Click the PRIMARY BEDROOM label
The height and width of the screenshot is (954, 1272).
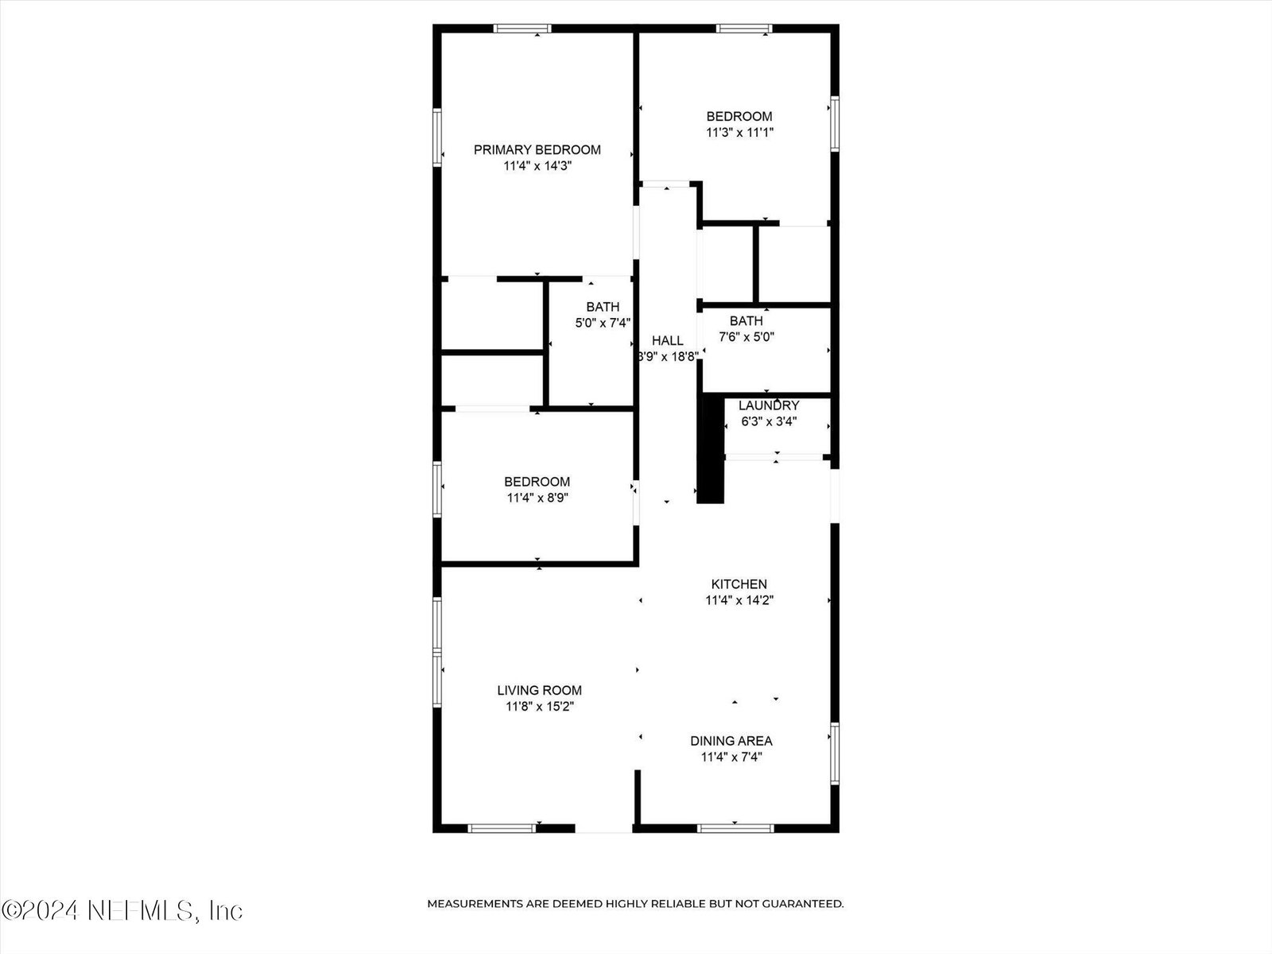537,150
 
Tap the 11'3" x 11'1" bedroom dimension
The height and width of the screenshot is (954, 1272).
739,133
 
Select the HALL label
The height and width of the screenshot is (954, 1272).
668,340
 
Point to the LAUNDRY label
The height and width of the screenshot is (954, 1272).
769,405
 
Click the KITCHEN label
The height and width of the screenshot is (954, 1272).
739,584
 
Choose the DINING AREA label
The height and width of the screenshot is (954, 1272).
731,741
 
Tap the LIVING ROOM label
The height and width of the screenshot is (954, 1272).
540,690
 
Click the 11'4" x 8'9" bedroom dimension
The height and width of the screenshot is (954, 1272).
537,498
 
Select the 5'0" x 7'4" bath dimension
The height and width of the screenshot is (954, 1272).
603,324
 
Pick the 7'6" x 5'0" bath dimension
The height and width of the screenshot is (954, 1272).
747,337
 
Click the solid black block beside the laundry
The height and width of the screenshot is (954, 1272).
711,449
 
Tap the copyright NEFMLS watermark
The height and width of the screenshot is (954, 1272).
122,911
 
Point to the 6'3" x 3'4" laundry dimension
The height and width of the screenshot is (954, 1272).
769,421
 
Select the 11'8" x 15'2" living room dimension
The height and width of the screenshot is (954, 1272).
540,707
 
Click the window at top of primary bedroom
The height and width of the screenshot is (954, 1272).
522,29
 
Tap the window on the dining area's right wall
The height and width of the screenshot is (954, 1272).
835,754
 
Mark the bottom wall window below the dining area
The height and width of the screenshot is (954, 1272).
735,829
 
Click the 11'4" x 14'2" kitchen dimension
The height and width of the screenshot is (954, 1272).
739,600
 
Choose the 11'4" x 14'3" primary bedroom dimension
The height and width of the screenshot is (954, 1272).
537,166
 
